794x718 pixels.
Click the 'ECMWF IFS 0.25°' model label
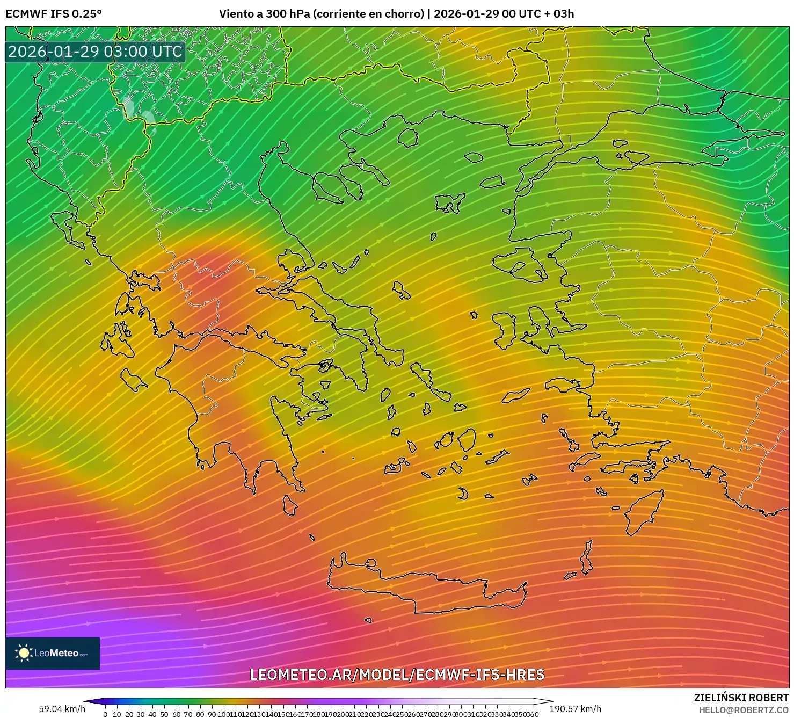point(54,14)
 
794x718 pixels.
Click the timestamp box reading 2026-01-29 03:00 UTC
point(95,52)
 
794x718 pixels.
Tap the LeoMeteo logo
point(53,653)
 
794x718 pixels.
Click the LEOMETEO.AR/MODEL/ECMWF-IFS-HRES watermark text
point(397,675)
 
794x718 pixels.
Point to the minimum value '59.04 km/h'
point(62,709)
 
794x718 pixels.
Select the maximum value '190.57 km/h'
point(575,709)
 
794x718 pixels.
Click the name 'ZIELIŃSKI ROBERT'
point(741,698)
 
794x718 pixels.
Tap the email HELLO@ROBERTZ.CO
point(744,710)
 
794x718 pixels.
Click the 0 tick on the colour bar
point(105,714)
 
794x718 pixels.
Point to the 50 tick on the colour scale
point(164,714)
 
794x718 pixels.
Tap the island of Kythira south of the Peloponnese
point(290,505)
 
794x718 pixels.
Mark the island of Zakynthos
point(133,380)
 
